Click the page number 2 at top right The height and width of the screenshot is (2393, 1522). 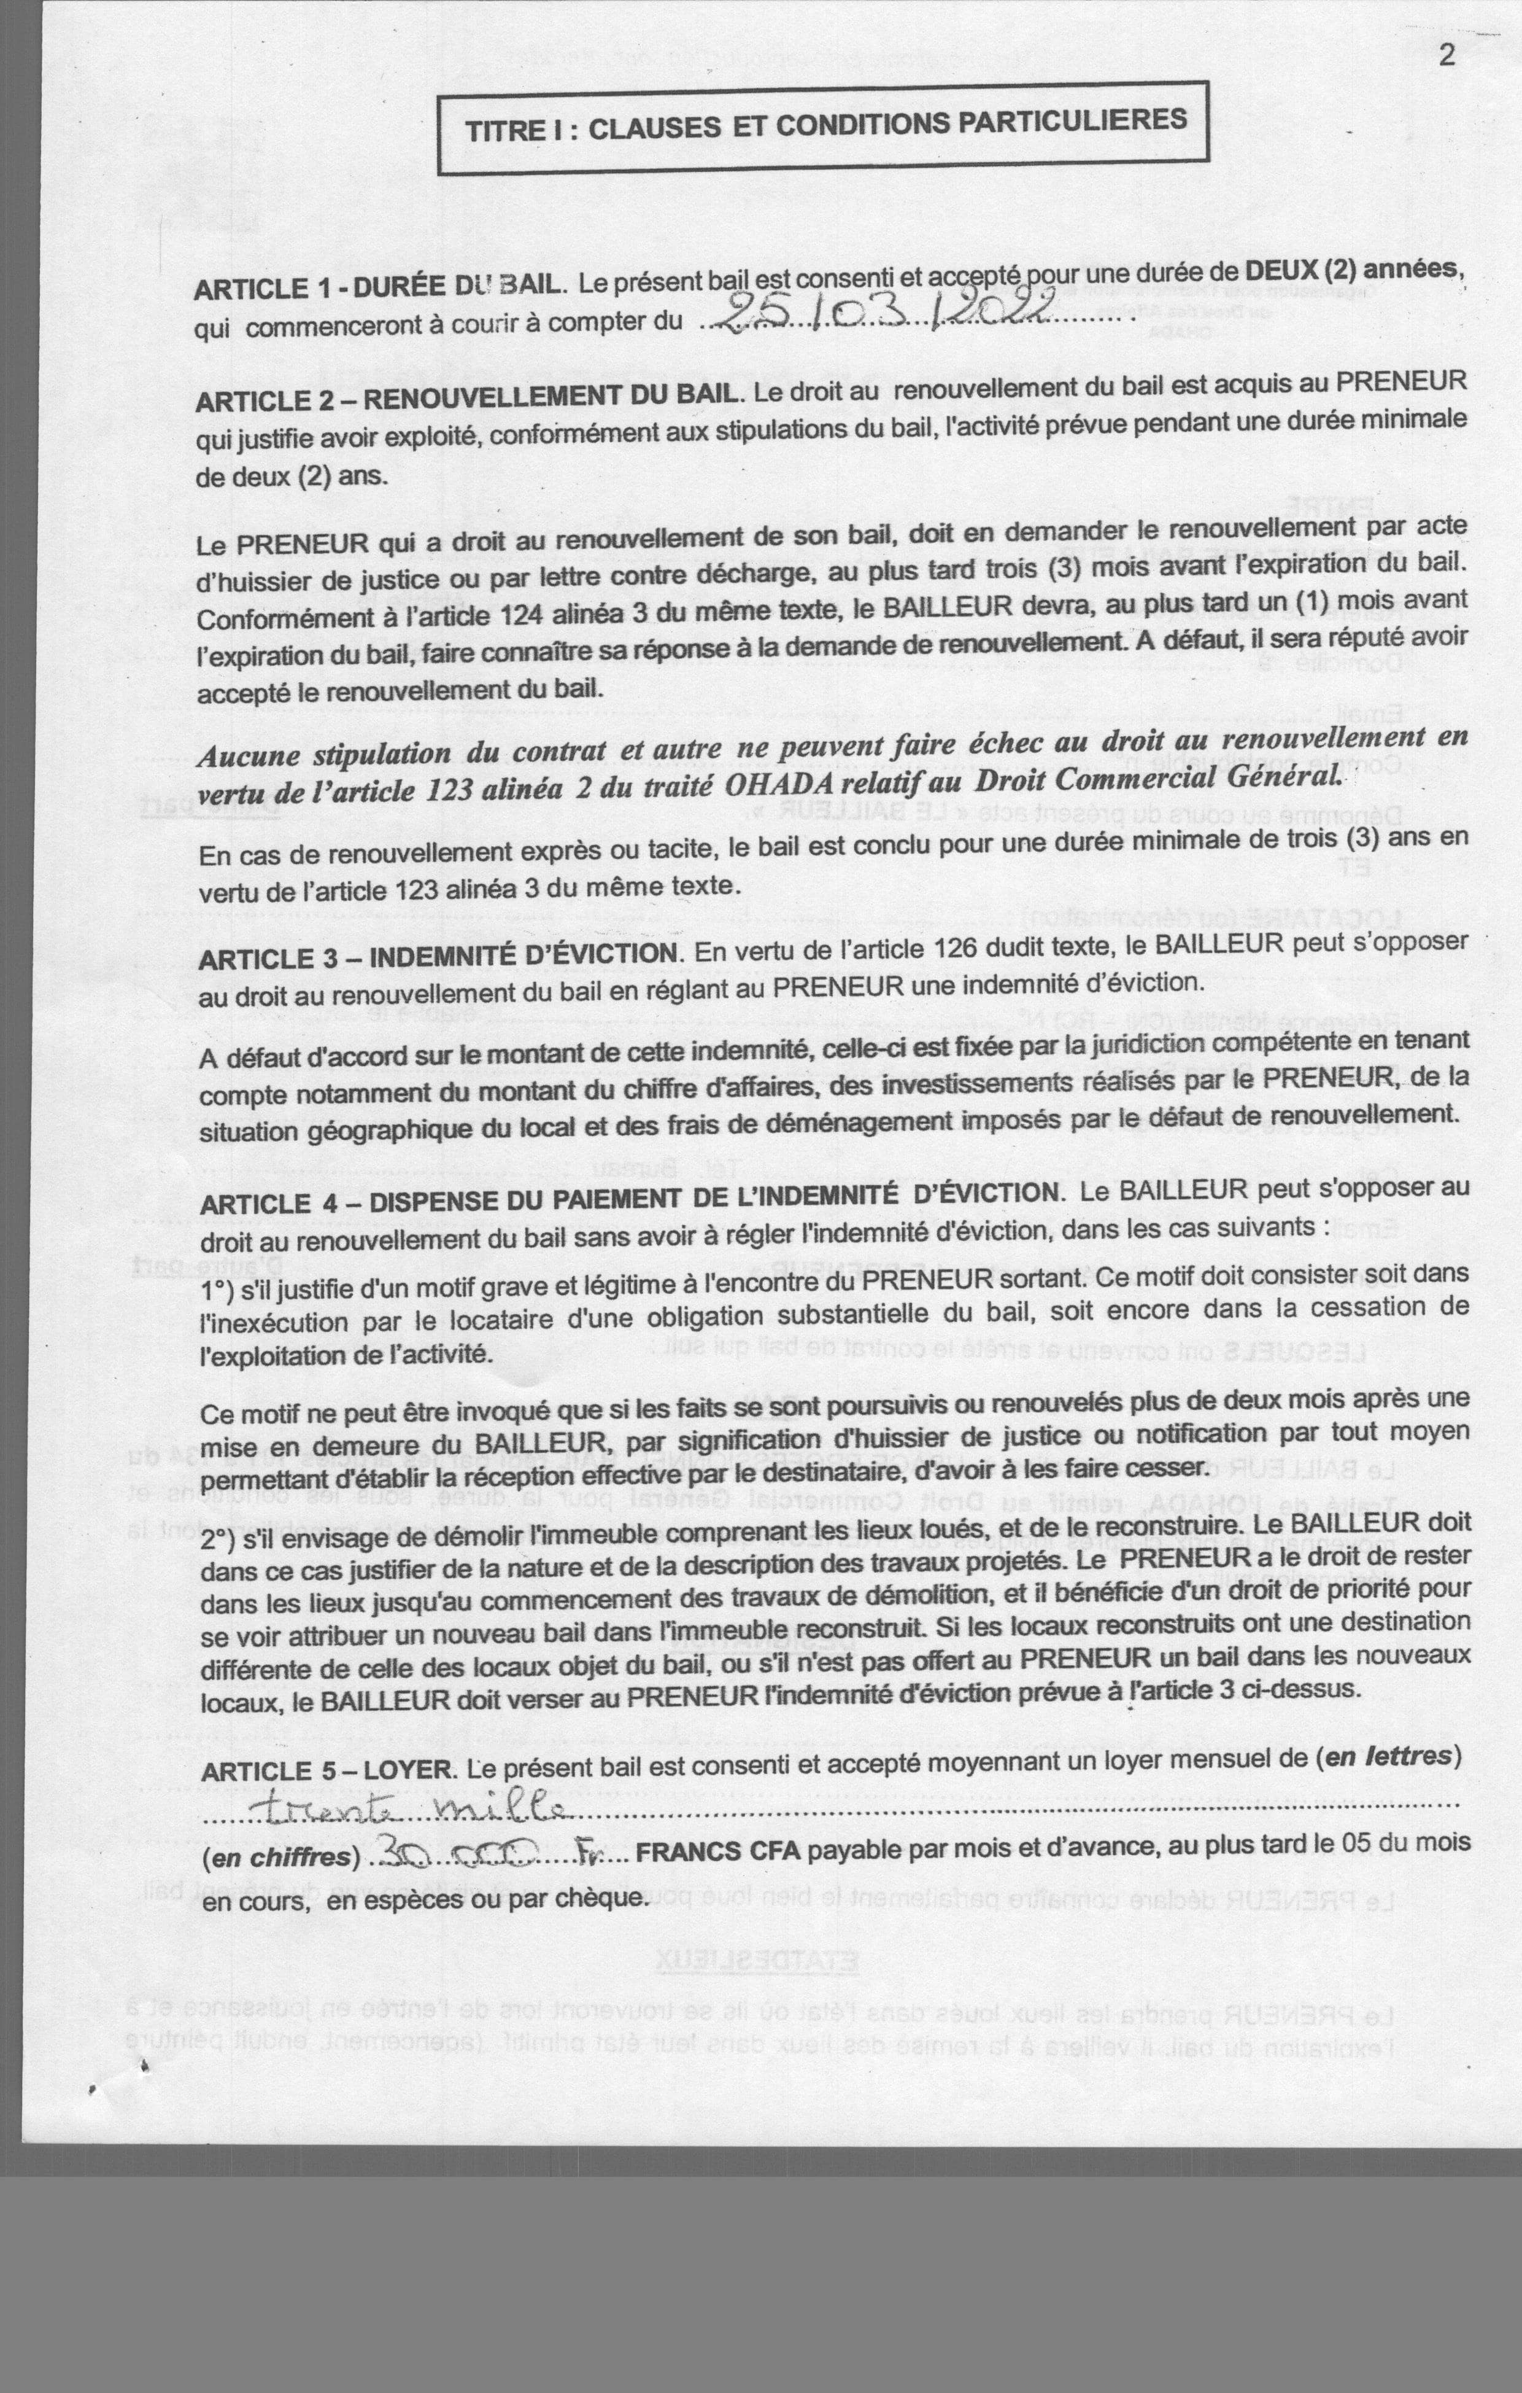point(1447,55)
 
